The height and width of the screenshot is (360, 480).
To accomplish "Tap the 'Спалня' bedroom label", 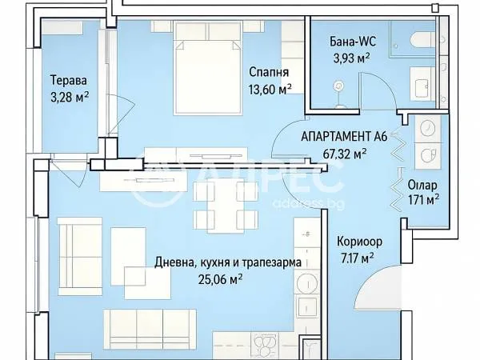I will [x=264, y=70].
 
